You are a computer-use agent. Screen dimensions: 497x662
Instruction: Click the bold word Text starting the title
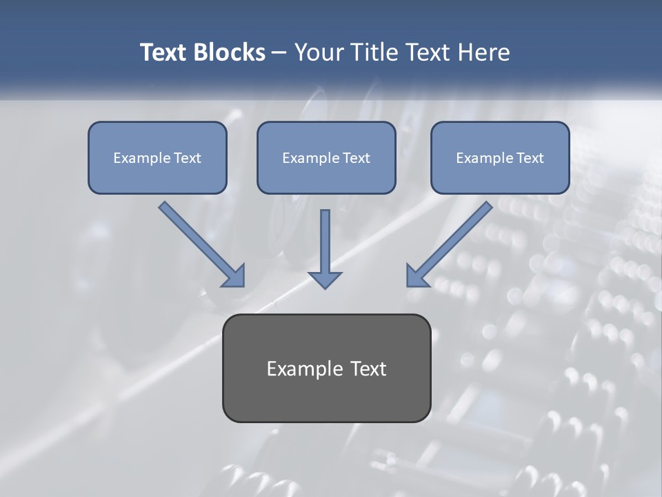164,52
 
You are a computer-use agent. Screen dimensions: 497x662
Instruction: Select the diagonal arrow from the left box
200,242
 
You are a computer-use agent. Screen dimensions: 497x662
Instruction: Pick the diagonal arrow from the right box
451,242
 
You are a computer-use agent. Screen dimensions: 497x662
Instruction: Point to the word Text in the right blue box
530,158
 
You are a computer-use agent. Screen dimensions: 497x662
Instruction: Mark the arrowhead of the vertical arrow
325,278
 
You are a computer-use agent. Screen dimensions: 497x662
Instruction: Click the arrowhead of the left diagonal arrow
234,276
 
